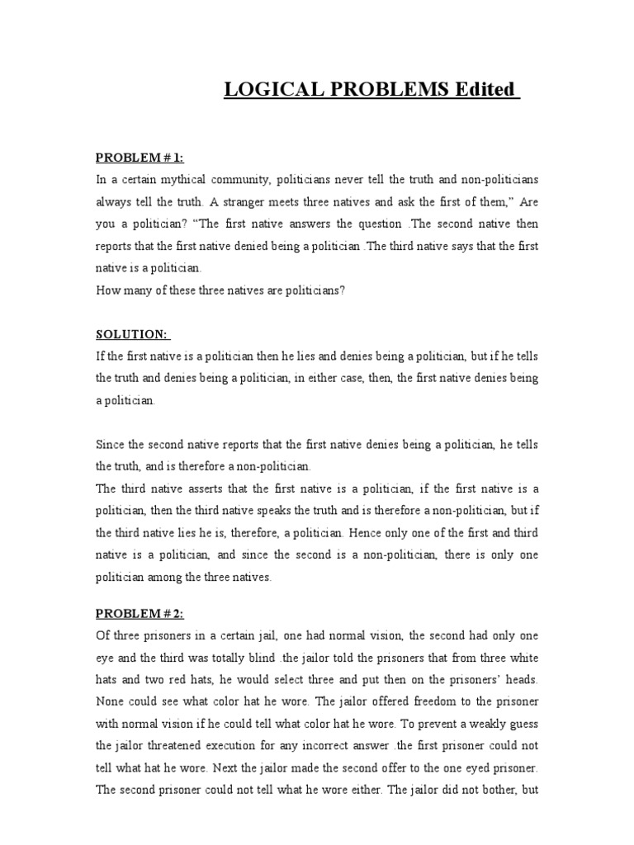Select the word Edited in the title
click(x=487, y=89)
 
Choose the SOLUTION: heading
click(x=132, y=333)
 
